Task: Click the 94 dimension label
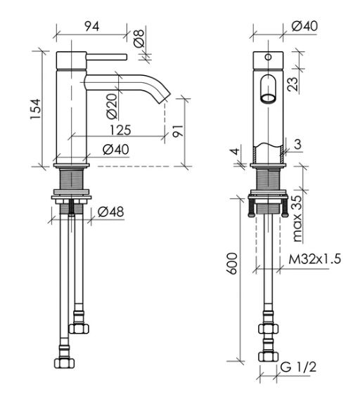point(91,26)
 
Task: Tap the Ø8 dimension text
point(139,38)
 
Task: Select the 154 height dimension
point(35,109)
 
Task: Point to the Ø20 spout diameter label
point(112,106)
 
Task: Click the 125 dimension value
point(120,130)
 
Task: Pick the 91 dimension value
point(178,131)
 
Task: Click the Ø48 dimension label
point(111,211)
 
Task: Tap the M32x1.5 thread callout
point(315,259)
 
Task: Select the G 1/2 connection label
point(298,367)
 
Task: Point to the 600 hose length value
point(232,263)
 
